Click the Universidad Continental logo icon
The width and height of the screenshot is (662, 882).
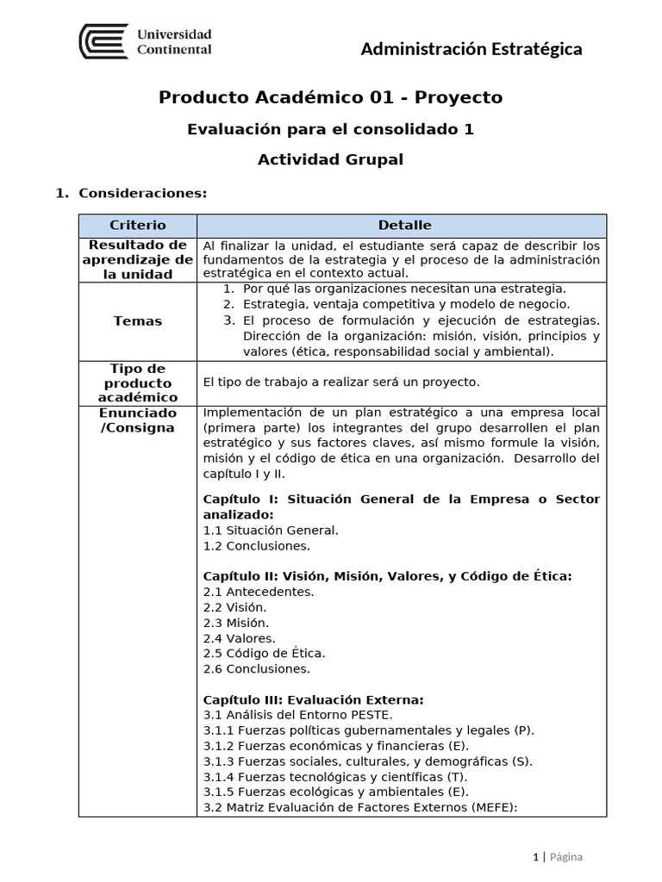103,41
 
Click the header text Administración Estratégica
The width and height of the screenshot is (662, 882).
471,49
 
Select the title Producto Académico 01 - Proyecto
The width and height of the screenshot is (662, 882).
330,97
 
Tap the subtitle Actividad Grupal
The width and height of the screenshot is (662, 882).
330,159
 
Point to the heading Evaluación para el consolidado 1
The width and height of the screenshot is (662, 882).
330,129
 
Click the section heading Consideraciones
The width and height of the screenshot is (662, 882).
142,193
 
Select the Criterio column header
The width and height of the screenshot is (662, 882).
138,226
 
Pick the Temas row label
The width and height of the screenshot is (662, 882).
138,321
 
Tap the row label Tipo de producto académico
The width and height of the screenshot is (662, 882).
138,382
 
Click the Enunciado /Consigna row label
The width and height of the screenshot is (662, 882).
138,420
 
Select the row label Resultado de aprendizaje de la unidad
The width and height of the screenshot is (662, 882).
138,260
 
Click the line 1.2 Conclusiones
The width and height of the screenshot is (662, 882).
256,545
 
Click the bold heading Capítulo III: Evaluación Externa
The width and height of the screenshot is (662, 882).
313,699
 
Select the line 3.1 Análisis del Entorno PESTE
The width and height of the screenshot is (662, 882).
297,715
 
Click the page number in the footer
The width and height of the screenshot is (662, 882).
535,857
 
